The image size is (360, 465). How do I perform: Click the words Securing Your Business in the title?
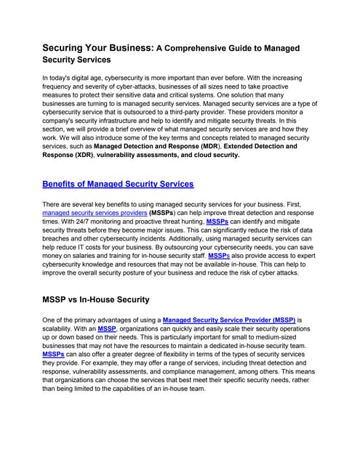coord(97,48)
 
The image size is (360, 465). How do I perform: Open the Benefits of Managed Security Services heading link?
coord(118,184)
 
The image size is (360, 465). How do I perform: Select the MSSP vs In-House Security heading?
coord(96,299)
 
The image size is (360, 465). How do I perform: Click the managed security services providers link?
coord(94,214)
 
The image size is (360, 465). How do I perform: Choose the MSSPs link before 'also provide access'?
coord(220,256)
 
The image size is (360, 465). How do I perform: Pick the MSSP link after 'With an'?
coord(107,328)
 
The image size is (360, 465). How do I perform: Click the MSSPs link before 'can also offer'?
coord(54,354)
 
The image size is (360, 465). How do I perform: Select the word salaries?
coord(92,256)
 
